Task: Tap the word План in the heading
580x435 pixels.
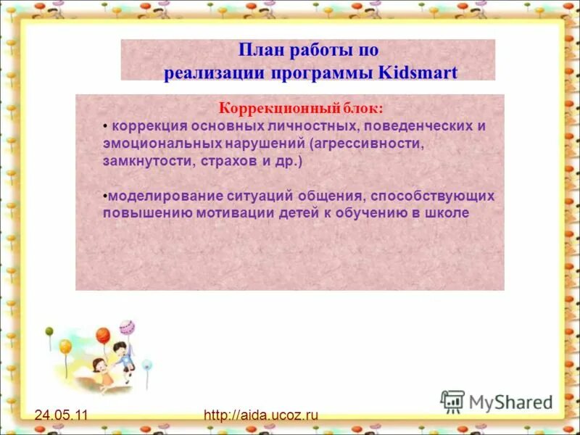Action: click(258, 50)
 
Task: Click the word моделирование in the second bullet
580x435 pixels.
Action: click(151, 196)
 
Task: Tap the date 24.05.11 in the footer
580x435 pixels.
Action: click(61, 415)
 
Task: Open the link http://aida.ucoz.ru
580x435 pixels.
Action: click(261, 415)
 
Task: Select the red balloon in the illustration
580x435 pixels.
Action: click(103, 336)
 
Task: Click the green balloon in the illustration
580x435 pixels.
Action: click(49, 331)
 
